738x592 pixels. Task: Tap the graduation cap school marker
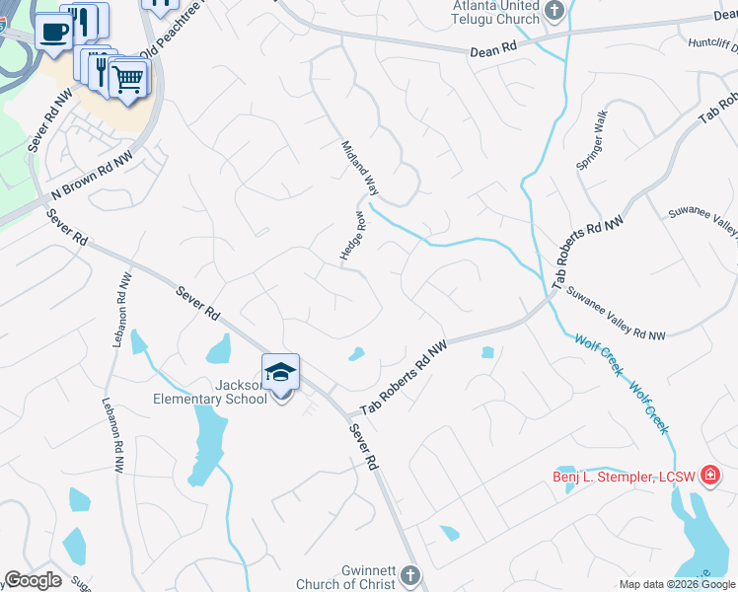coord(281,372)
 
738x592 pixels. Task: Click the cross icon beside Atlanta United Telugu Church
coord(555,13)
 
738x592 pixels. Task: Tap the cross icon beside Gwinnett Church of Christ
coord(410,575)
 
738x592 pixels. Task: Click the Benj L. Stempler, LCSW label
coord(624,478)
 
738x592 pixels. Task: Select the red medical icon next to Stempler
coord(709,477)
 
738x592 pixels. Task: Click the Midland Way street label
coord(360,166)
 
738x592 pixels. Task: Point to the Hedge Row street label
coord(352,236)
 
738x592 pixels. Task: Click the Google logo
coord(33,580)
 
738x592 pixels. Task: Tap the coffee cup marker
coord(53,31)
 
